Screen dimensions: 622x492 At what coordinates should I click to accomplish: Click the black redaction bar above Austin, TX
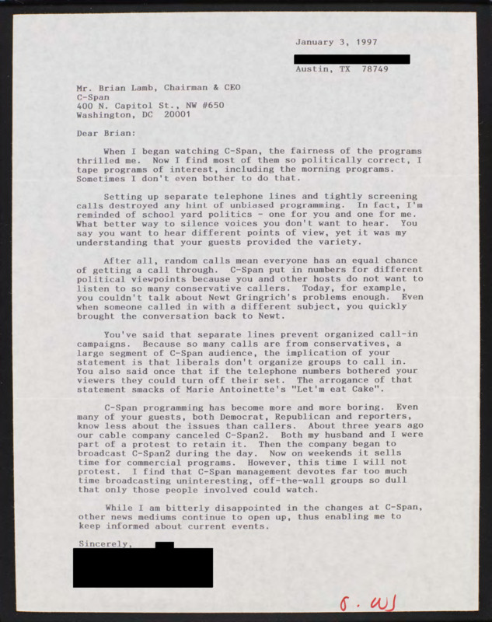(352, 58)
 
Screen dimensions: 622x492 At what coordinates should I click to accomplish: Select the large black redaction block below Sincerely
(143, 568)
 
